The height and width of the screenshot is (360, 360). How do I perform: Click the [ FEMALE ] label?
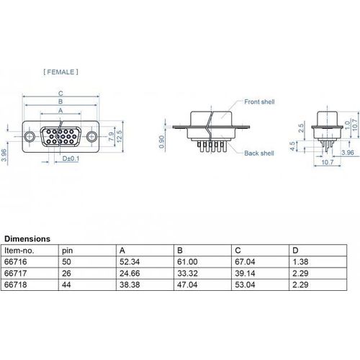60,72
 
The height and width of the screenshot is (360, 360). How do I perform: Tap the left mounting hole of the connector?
30,136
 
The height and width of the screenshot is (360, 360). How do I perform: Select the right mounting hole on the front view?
91,136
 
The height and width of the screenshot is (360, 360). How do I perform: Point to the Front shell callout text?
259,102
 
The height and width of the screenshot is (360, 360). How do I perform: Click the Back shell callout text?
259,153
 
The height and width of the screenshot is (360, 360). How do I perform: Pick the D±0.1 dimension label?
71,158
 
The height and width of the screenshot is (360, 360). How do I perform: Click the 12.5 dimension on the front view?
120,136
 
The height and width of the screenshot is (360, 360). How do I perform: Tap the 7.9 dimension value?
111,136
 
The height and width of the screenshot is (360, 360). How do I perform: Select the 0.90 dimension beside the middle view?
162,142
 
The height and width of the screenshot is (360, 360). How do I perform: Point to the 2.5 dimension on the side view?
301,128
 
